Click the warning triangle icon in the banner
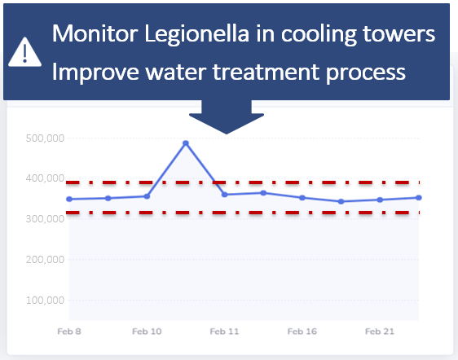[x=24, y=53]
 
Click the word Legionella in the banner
[x=197, y=34]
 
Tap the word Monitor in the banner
[x=95, y=33]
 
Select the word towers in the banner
[x=399, y=34]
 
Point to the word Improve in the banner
[x=95, y=72]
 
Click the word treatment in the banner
[x=266, y=72]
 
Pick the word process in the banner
[x=366, y=73]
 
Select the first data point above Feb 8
[x=69, y=199]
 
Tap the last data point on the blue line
[x=419, y=198]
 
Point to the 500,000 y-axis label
[x=45, y=138]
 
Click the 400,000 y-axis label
[x=45, y=178]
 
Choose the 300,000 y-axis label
[x=45, y=219]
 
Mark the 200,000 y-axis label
[x=45, y=260]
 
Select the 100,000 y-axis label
[x=45, y=301]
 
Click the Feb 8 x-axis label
[x=69, y=331]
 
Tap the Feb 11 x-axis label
[x=224, y=331]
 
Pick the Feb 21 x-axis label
[x=380, y=331]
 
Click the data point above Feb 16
[x=302, y=198]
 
